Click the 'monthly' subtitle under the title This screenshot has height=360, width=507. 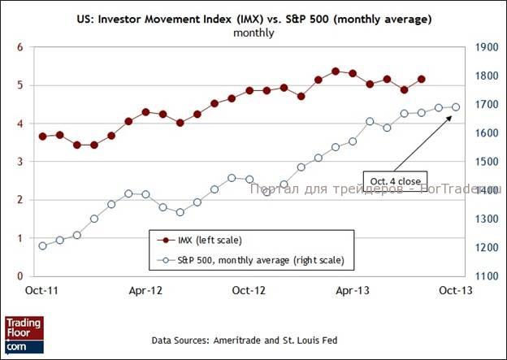(253, 33)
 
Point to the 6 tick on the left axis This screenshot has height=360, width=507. (19, 47)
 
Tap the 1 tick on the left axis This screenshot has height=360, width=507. (19, 238)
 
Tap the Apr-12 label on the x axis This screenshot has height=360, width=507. (145, 289)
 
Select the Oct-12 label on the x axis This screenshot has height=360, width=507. (249, 289)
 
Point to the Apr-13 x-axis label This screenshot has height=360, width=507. (353, 289)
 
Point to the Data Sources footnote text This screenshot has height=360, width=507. (244, 340)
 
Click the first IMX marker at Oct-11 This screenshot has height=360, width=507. (42, 137)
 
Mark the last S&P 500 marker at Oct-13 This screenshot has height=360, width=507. (456, 107)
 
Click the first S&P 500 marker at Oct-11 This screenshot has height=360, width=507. (42, 245)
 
